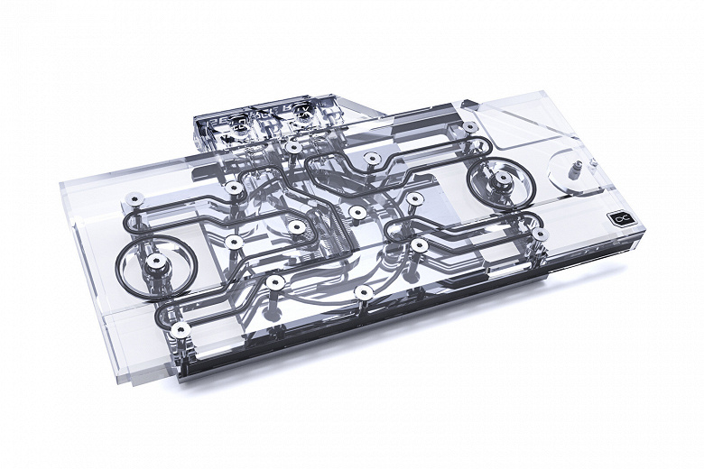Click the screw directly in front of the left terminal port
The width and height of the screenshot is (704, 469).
(x=293, y=147)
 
